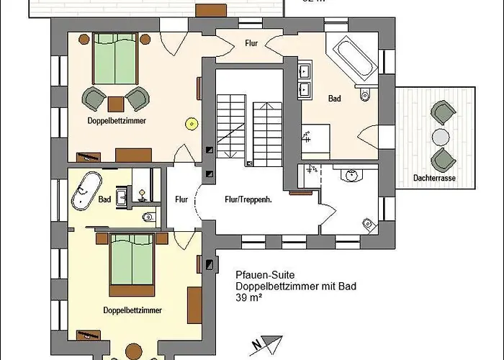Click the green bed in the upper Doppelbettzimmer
pyautogui.click(x=115, y=58)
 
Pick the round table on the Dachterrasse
pyautogui.click(x=441, y=137)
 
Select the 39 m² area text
pyautogui.click(x=248, y=297)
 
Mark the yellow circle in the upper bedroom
pyautogui.click(x=192, y=123)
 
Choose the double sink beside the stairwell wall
pyautogui.click(x=305, y=81)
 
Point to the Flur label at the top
pyautogui.click(x=252, y=44)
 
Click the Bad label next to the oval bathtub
pyautogui.click(x=105, y=199)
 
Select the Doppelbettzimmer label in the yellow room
pyautogui.click(x=132, y=310)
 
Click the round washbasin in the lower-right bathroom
pyautogui.click(x=352, y=176)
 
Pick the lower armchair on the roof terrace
pyautogui.click(x=442, y=161)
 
